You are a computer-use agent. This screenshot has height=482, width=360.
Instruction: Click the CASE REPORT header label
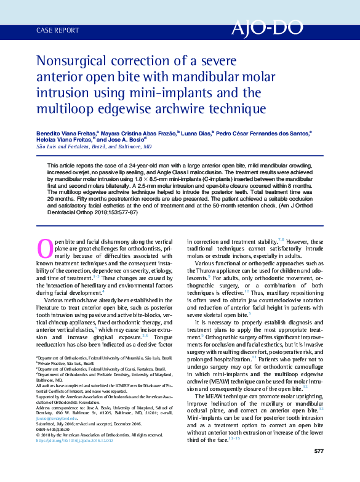[58, 30]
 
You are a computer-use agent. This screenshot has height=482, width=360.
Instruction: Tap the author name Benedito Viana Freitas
[62, 132]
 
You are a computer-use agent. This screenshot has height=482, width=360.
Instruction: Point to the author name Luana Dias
[196, 132]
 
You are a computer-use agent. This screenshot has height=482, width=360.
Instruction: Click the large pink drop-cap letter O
[45, 247]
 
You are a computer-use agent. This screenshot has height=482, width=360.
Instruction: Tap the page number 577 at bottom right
[318, 451]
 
